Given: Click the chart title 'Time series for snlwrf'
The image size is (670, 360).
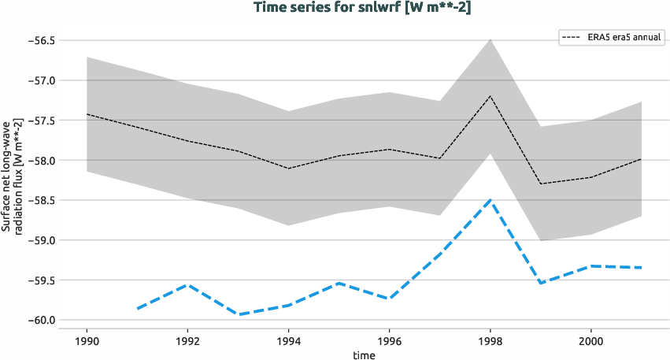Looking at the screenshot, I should (x=362, y=8).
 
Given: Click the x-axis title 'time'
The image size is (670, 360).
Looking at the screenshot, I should (x=364, y=354).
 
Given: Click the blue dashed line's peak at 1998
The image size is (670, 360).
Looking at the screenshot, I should (x=490, y=200).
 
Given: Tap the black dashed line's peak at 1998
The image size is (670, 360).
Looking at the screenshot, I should (x=490, y=96).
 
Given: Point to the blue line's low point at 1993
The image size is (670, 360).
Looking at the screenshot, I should (x=238, y=314).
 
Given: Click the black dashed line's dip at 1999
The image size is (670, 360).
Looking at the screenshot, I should (x=541, y=184).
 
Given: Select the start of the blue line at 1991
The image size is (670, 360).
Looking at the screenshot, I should (x=137, y=309).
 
